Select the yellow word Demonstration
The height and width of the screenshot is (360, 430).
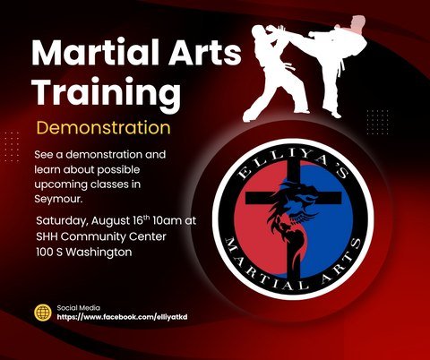tap(103, 128)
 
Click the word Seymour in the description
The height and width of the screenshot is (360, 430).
tap(58, 199)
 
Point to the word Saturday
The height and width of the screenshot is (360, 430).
tap(62, 221)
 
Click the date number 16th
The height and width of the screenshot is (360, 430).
tap(142, 220)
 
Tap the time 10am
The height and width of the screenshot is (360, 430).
tap(167, 221)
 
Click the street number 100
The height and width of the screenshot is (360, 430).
tap(45, 253)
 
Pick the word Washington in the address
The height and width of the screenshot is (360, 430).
tap(99, 253)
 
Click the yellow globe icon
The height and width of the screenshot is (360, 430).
tap(43, 313)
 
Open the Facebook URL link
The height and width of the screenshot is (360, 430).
tap(122, 317)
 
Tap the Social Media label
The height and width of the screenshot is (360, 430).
tap(79, 308)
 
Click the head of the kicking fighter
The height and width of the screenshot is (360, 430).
tap(357, 22)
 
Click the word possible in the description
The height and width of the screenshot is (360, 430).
tap(118, 170)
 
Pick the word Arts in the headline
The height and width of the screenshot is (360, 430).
tap(204, 53)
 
